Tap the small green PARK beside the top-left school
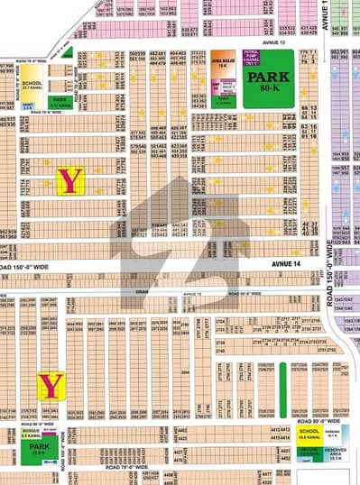tap(60, 103)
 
